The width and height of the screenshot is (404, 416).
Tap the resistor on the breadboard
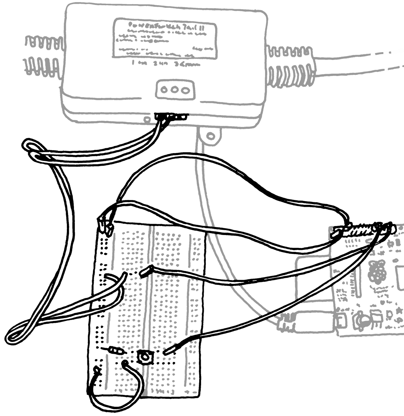116,350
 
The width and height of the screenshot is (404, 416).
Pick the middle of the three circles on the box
175,90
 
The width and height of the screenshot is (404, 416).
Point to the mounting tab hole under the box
210,136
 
